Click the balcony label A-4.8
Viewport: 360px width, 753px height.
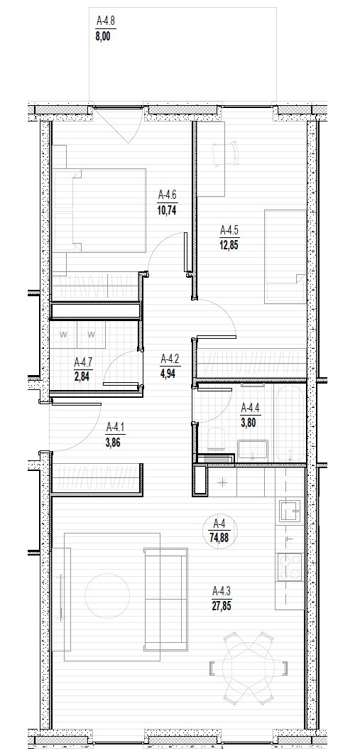click(x=104, y=21)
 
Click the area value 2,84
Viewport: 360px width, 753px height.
click(x=82, y=376)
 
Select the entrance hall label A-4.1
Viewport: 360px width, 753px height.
click(x=114, y=426)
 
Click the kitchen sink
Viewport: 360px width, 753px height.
click(x=290, y=511)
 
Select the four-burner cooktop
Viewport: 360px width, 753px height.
click(x=290, y=567)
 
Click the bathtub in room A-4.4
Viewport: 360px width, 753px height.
click(x=289, y=422)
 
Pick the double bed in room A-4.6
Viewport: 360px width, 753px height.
click(x=99, y=210)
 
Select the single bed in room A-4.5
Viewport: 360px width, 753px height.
click(x=285, y=256)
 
